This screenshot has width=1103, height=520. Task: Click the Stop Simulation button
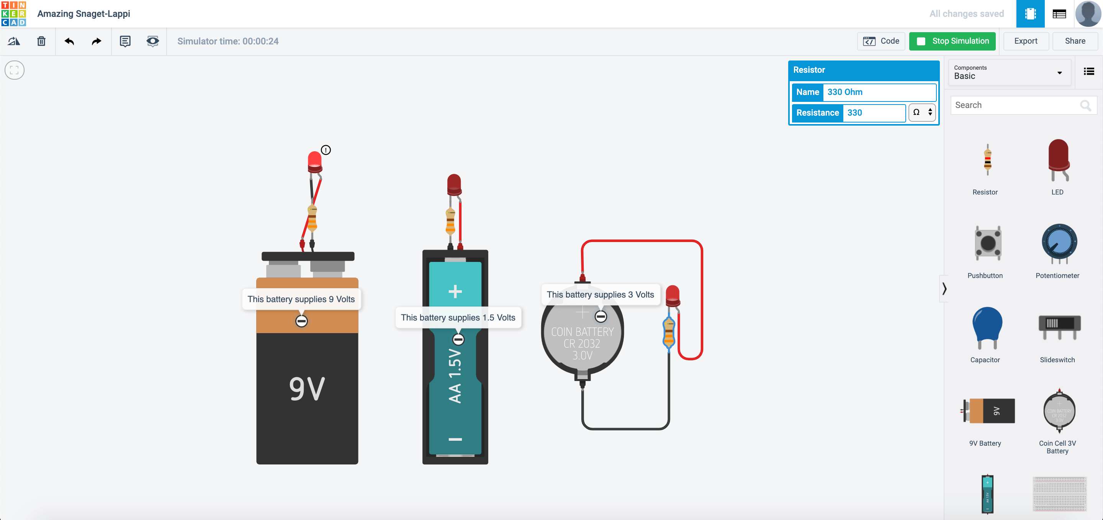(x=952, y=41)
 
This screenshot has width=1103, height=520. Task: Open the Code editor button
(x=881, y=41)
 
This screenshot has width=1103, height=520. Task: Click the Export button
(x=1025, y=41)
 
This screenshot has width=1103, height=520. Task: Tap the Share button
(x=1075, y=41)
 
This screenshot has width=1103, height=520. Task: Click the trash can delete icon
(x=41, y=41)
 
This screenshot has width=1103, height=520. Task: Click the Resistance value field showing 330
(x=874, y=113)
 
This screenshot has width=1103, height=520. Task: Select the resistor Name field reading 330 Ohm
(x=879, y=92)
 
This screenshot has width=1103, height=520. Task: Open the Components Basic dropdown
(x=1008, y=73)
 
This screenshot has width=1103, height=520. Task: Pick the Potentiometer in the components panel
(x=1059, y=243)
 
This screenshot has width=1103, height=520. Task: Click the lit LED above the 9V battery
(x=315, y=161)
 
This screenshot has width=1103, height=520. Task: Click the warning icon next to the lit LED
(x=326, y=150)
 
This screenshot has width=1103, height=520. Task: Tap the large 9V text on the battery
(x=307, y=389)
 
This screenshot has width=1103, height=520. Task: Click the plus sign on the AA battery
(x=455, y=291)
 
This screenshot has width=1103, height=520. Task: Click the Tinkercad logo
(x=14, y=14)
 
